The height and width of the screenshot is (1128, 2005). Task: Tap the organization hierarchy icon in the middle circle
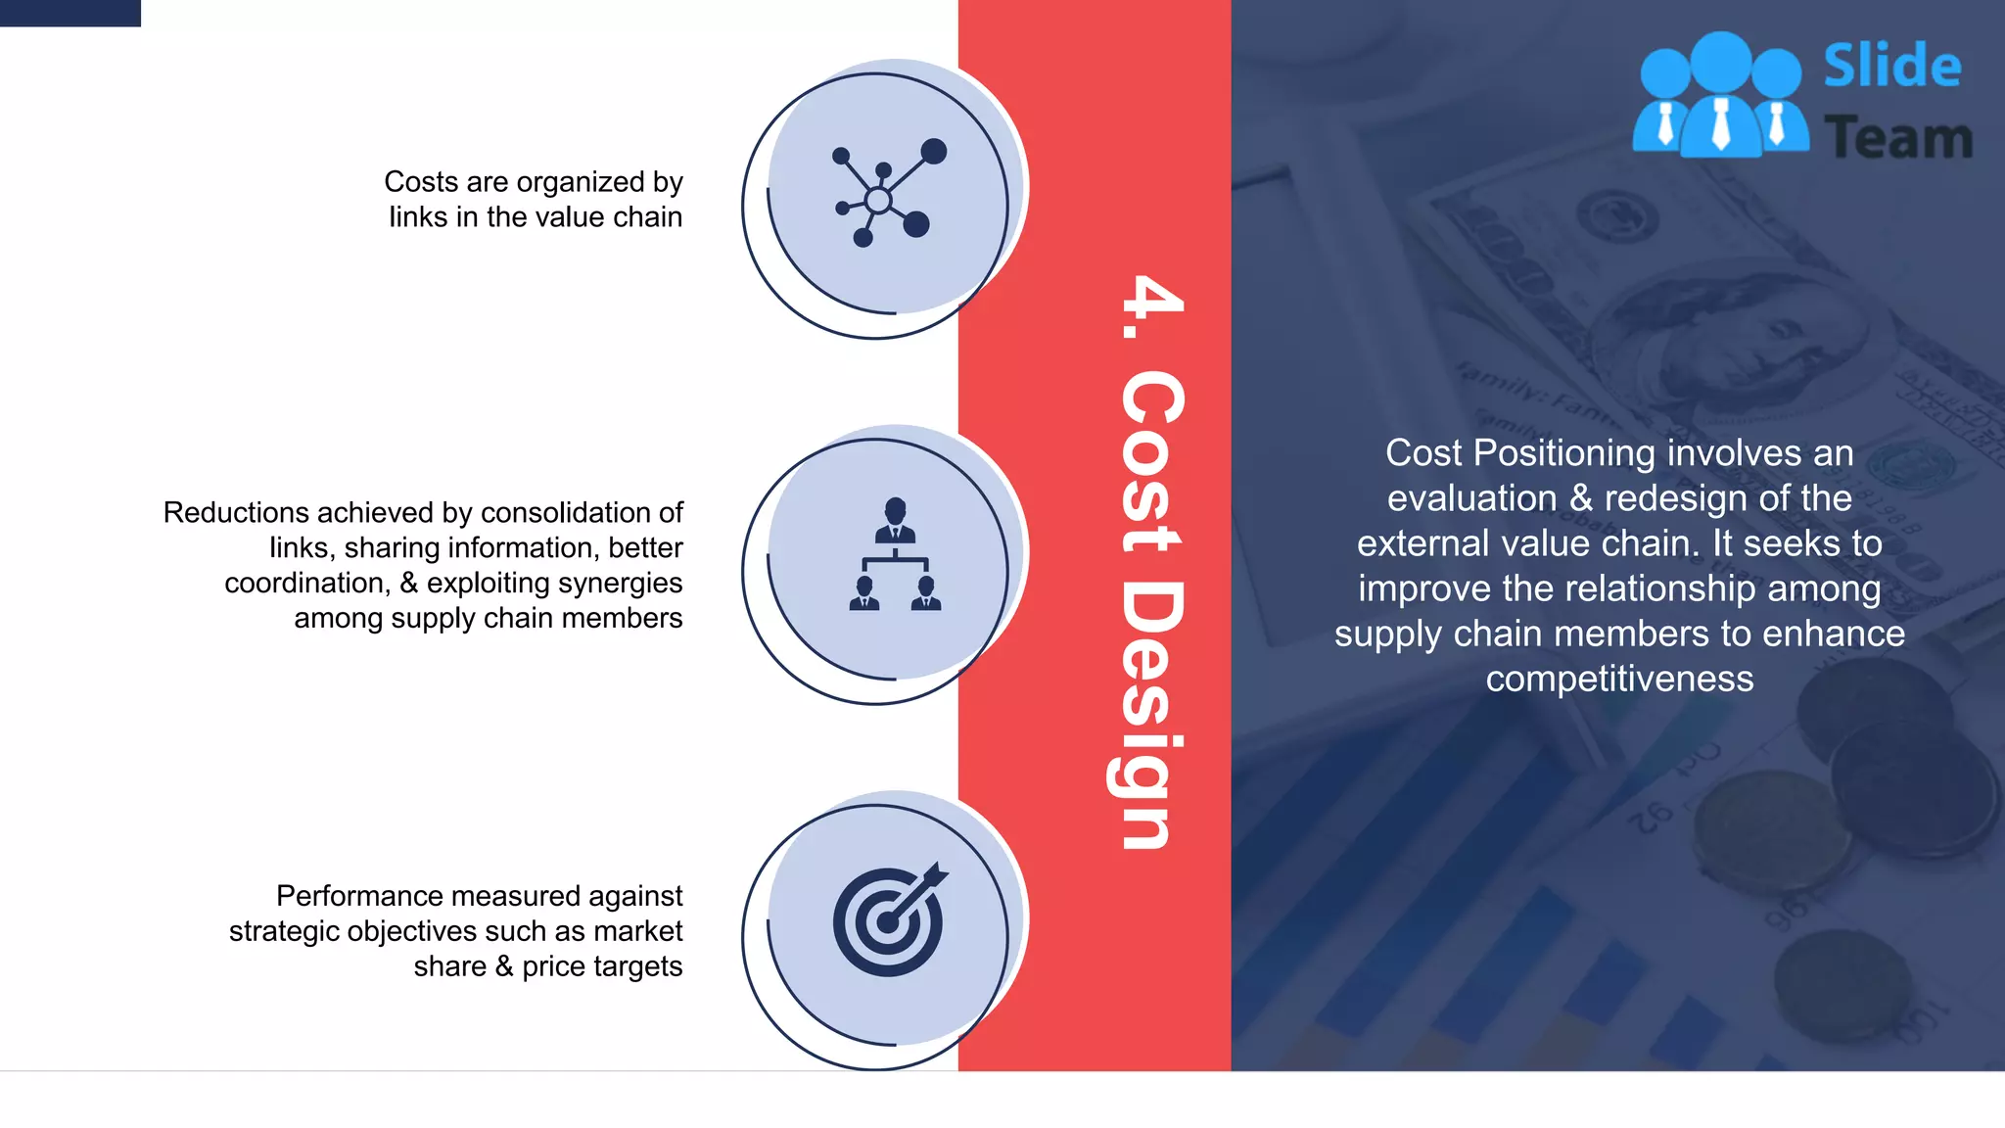(x=895, y=555)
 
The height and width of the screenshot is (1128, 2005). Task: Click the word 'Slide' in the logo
(x=1891, y=67)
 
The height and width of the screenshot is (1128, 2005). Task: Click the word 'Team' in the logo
(x=1897, y=138)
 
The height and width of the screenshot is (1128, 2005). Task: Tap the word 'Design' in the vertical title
(x=1150, y=715)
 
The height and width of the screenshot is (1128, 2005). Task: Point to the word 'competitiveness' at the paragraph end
(x=1619, y=679)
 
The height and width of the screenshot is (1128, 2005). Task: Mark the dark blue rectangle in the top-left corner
(x=70, y=12)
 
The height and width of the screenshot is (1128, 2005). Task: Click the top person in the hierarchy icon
(x=895, y=519)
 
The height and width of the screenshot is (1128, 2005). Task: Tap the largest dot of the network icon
(x=934, y=151)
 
